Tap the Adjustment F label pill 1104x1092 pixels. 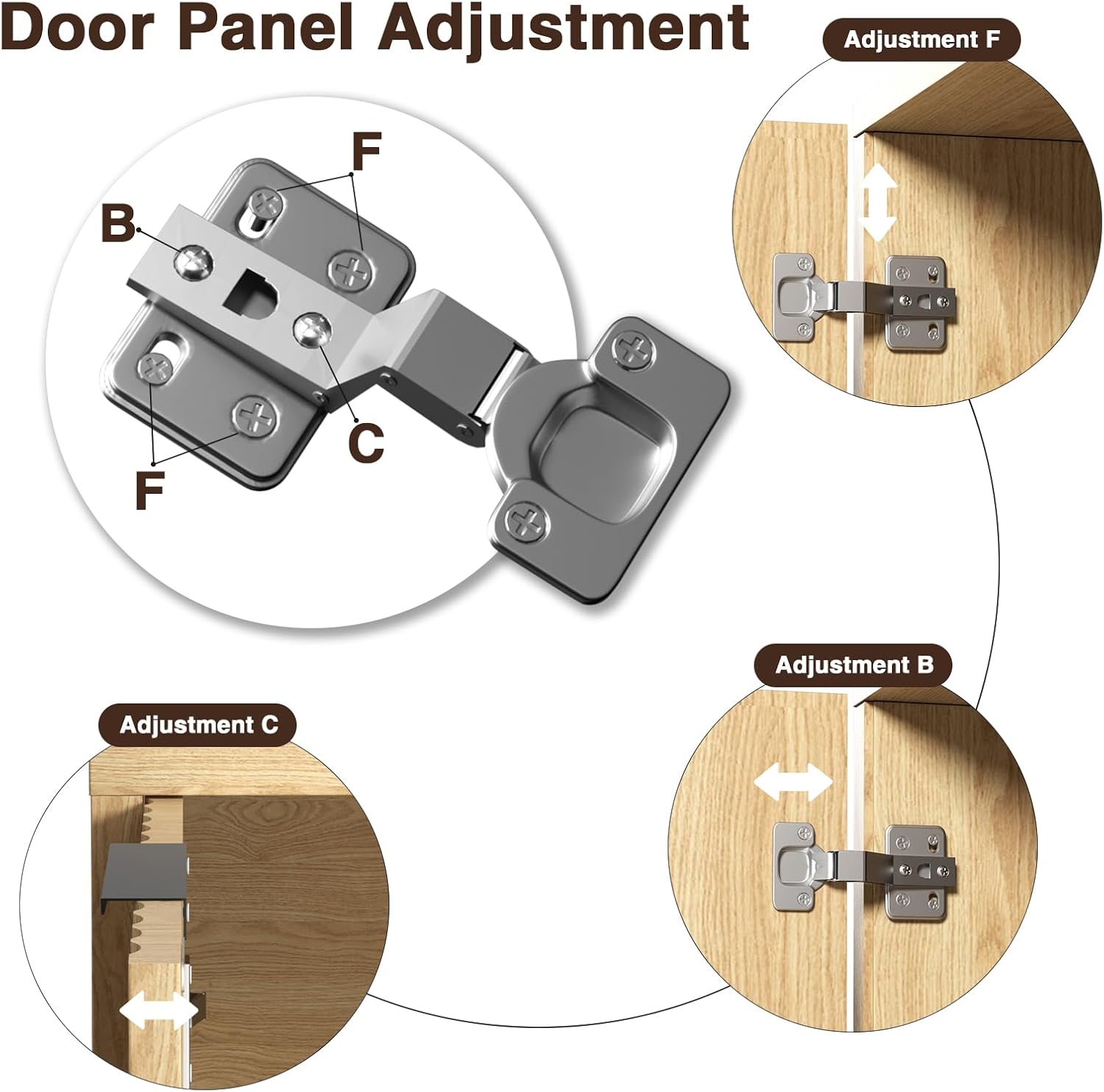coord(921,40)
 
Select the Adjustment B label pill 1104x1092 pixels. coord(854,665)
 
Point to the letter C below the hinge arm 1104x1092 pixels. coord(366,442)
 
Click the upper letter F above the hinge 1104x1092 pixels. coord(366,152)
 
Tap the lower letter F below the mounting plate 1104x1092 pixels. coord(149,491)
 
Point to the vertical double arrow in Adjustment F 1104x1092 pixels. coord(878,203)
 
